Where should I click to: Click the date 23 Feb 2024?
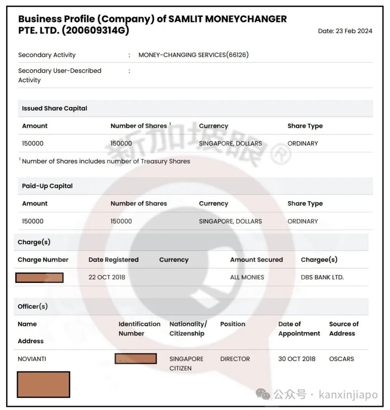[345, 31]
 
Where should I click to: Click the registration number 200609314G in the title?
[95, 30]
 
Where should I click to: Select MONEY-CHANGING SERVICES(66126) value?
[194, 55]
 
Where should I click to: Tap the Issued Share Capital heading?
[55, 108]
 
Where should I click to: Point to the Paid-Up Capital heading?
[47, 186]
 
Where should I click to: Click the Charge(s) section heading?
[34, 242]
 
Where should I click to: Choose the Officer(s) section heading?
[32, 306]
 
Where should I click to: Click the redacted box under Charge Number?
[40, 277]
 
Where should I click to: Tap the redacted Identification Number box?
[136, 358]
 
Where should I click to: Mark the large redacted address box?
[43, 384]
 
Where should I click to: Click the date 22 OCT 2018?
[107, 277]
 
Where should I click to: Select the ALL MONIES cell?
[247, 277]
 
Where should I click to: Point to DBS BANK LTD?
[322, 277]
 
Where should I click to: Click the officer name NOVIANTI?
[32, 359]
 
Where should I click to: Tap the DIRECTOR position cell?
[235, 359]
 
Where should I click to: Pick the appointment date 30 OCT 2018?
[297, 359]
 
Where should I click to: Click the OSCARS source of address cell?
[342, 359]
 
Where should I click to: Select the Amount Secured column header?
[256, 260]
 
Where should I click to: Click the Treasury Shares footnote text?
[106, 161]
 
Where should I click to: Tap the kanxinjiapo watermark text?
[348, 394]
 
